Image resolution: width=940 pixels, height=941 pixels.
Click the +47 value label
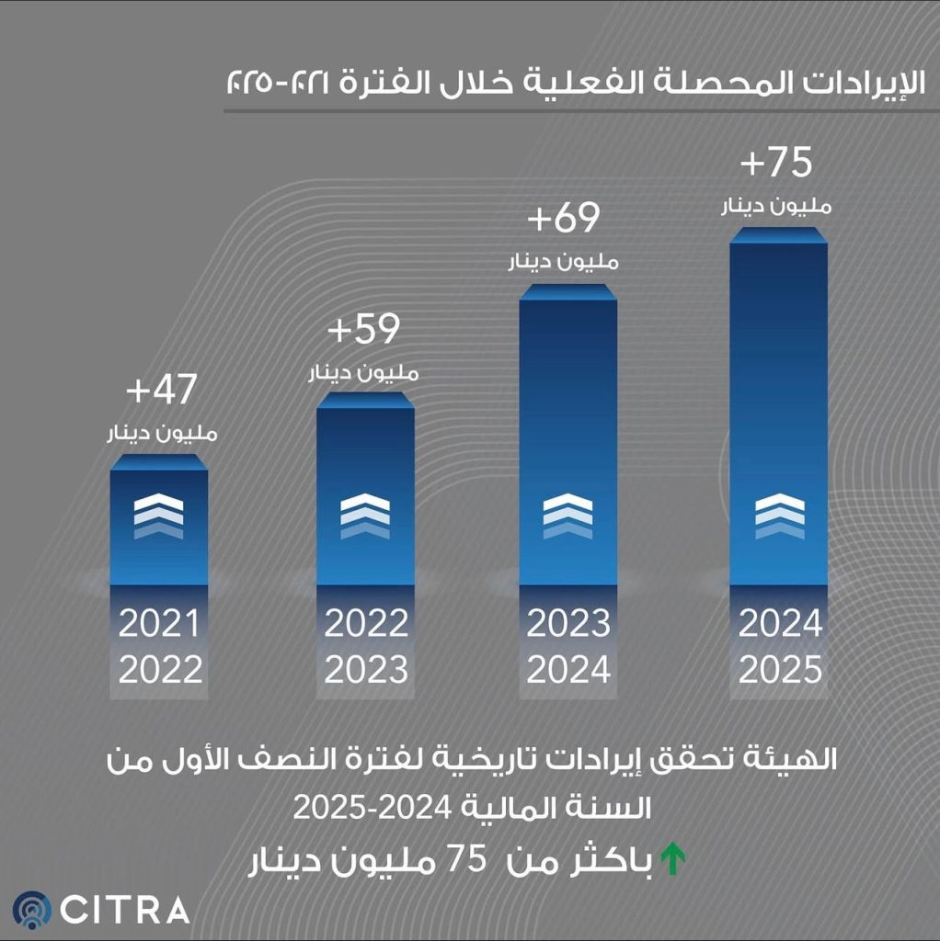[161, 391]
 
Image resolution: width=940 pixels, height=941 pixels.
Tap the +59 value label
[365, 331]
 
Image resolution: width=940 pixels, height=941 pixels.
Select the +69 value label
[564, 220]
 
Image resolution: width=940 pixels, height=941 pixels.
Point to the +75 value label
[776, 163]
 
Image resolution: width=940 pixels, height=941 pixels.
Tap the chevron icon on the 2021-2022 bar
[158, 515]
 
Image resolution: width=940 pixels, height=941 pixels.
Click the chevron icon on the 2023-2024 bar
[567, 515]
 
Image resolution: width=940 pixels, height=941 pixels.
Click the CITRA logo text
[126, 910]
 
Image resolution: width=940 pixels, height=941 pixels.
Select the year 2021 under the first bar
[159, 625]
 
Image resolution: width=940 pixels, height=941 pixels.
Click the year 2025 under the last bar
[780, 670]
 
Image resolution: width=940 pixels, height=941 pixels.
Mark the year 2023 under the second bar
[366, 670]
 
